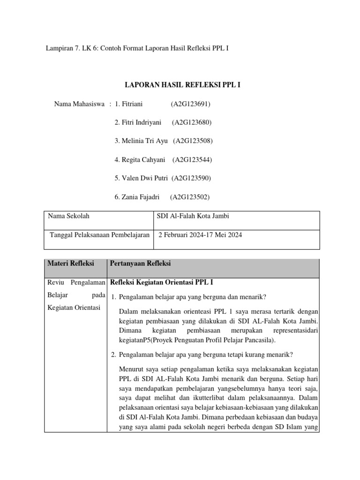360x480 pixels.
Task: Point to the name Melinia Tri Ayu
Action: (x=141, y=141)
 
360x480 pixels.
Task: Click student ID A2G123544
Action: (x=192, y=159)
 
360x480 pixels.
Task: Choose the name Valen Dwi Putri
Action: (x=141, y=178)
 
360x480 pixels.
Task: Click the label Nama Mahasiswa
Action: (x=79, y=104)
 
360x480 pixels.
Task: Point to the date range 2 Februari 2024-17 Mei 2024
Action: (x=201, y=234)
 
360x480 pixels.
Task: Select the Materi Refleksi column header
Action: (x=71, y=263)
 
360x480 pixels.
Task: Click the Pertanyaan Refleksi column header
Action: (x=140, y=263)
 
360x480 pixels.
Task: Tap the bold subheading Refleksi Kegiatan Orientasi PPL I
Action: (x=162, y=282)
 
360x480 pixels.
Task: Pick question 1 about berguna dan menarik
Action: (x=192, y=297)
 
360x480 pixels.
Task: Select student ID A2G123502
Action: (x=189, y=197)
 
